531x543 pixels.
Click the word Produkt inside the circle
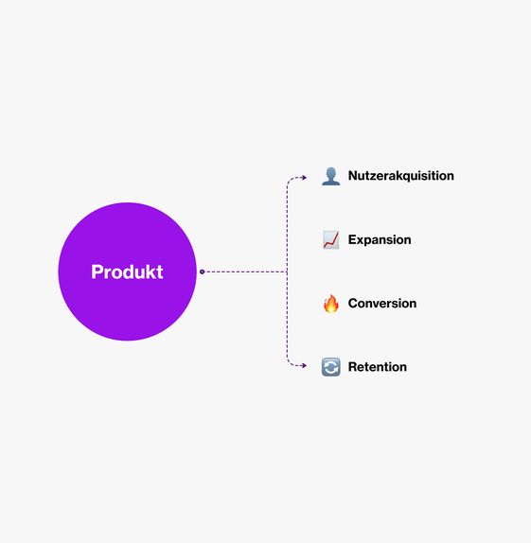coord(127,271)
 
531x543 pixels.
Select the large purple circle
coord(127,271)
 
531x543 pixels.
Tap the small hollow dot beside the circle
coord(202,271)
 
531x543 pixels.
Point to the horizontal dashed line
coord(246,271)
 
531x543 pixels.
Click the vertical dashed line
coord(287,271)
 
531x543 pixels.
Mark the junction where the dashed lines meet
coord(287,271)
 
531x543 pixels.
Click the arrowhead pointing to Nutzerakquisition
coord(305,178)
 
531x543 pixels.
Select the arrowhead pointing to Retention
coord(305,366)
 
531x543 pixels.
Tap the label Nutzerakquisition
coord(401,176)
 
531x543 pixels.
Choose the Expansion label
coord(380,239)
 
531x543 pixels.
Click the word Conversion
coord(382,304)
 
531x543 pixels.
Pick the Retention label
coord(378,367)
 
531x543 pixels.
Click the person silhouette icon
coord(331,176)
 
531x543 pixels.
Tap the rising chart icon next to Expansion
coord(331,239)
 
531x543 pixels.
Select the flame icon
coord(331,304)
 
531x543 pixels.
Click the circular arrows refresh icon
coord(331,367)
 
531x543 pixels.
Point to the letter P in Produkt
coord(97,271)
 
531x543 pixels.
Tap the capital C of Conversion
coord(353,304)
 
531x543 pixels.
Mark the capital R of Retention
coord(353,367)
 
